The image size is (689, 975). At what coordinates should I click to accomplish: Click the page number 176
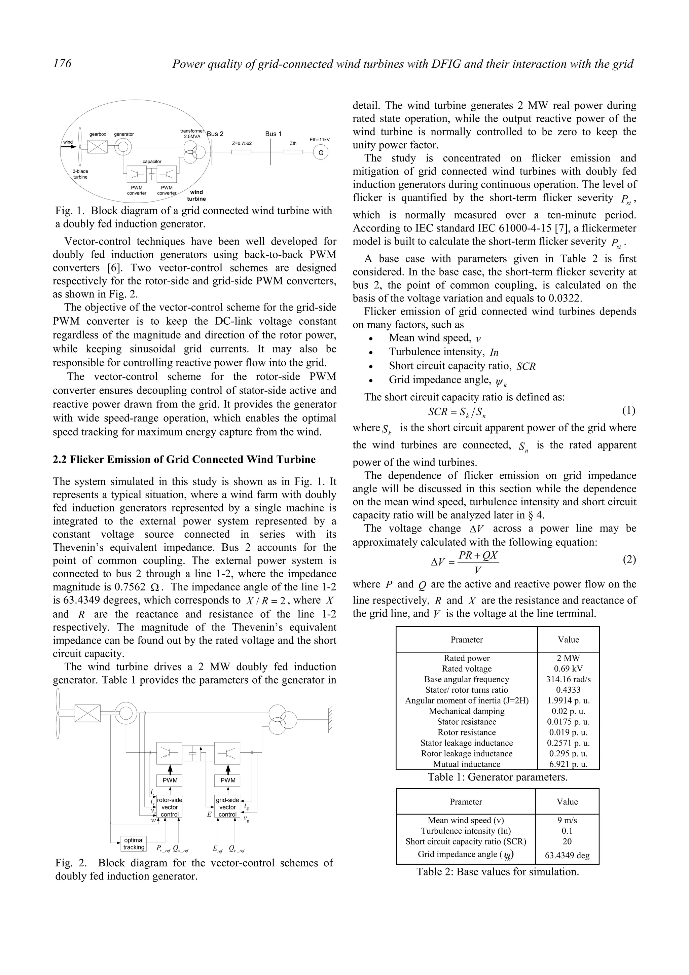click(62, 64)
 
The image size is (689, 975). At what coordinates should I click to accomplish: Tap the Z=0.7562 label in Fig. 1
click(242, 144)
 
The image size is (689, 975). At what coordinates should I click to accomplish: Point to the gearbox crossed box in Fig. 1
click(98, 147)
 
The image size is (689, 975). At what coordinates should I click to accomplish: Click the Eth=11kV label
click(319, 140)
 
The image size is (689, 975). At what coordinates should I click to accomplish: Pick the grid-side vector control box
click(227, 807)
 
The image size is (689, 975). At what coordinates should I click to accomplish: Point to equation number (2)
click(629, 559)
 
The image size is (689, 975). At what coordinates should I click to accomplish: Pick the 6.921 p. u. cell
click(568, 764)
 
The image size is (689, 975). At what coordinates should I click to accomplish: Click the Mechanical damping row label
click(467, 711)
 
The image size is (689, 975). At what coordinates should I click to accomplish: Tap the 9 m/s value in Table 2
click(567, 820)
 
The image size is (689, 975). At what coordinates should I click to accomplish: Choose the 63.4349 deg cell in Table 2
click(567, 855)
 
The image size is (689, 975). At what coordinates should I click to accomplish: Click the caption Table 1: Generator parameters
click(498, 777)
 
